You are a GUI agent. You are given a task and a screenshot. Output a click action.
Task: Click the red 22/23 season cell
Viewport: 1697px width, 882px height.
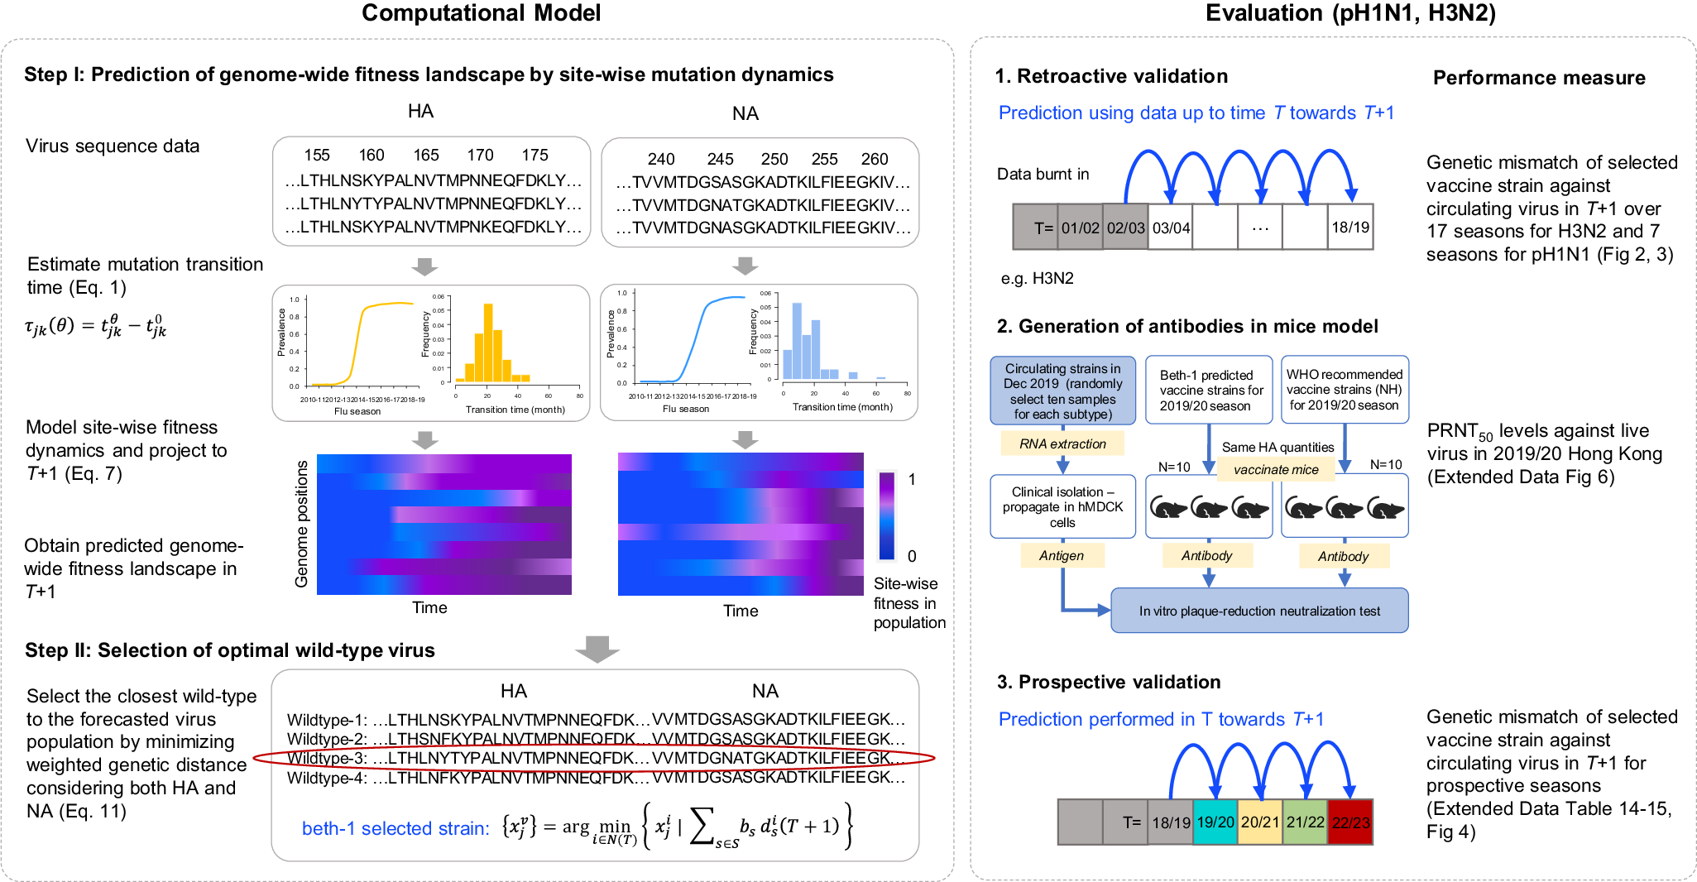pos(1350,822)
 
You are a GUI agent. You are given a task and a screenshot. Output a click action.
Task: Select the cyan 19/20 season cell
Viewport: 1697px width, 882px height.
pos(1215,822)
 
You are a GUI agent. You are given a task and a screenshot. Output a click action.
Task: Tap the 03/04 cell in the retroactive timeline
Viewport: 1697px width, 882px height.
pos(1171,228)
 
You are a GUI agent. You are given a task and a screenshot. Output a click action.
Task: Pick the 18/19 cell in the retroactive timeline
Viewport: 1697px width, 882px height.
pos(1350,228)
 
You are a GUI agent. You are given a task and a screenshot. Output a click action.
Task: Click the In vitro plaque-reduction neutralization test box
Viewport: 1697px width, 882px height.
pos(1259,611)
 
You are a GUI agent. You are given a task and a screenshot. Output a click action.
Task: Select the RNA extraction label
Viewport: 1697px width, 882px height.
pos(1062,444)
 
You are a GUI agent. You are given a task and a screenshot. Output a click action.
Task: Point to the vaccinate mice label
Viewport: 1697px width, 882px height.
pos(1276,470)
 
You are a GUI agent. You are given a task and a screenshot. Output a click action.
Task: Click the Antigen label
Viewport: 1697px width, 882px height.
pos(1062,556)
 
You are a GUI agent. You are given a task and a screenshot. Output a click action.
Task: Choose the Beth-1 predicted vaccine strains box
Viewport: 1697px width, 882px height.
pos(1210,391)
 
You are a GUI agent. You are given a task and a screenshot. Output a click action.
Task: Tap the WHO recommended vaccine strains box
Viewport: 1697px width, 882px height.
pos(1345,391)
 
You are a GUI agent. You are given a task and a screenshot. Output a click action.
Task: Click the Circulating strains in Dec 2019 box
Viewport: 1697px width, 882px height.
pos(1062,391)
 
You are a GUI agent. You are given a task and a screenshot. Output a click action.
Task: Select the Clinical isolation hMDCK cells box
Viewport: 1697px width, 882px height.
pos(1062,507)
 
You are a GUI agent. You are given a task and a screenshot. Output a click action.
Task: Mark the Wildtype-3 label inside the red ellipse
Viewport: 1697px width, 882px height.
pos(327,758)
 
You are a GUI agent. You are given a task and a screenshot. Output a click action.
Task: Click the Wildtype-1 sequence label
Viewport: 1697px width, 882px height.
pos(327,720)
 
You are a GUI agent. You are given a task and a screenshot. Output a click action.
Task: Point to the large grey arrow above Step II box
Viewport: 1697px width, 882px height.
pos(597,649)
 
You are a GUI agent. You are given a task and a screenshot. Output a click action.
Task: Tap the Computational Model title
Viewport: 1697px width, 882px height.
pos(481,13)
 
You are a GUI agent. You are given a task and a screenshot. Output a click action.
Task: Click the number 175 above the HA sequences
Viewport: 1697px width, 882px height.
pos(535,156)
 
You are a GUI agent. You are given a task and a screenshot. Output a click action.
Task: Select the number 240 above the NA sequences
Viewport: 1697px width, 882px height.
pos(661,159)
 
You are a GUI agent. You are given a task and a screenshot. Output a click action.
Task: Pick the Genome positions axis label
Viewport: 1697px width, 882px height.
pos(302,524)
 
